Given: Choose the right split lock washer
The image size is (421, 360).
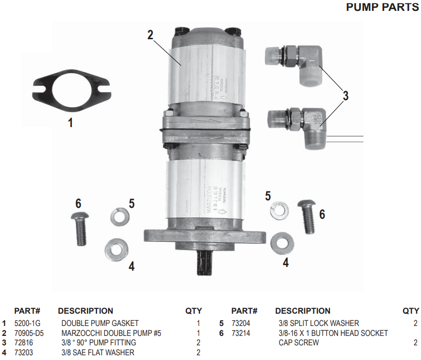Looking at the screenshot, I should tap(279, 210).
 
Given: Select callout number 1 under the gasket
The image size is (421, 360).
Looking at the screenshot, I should tap(70, 123).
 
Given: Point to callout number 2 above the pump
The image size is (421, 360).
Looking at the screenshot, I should tap(150, 35).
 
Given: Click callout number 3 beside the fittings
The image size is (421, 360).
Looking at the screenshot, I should tap(345, 96).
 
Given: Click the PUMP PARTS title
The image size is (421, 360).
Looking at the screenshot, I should tap(382, 8).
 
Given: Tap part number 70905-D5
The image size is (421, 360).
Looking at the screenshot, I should tap(29, 333).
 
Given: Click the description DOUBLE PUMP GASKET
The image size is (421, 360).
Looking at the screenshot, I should tap(100, 323).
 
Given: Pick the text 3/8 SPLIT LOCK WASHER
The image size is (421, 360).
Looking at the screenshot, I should tap(319, 323).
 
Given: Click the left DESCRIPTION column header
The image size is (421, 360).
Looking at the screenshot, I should tap(85, 311).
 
